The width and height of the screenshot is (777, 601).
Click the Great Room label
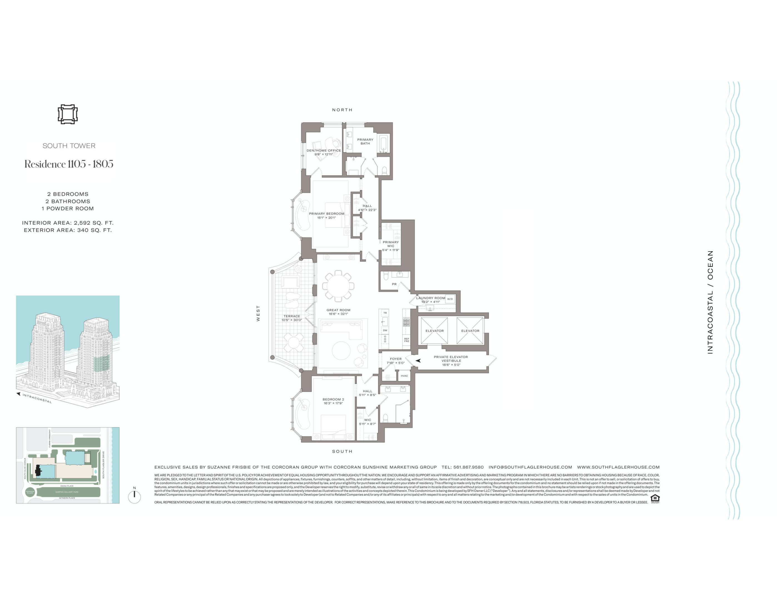(338, 310)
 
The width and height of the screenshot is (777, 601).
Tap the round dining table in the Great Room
(338, 286)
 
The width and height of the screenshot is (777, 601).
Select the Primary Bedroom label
(326, 214)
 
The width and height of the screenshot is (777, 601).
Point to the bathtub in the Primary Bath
(384, 144)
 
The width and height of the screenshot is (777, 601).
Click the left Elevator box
(435, 331)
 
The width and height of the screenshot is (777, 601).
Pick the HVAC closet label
(404, 376)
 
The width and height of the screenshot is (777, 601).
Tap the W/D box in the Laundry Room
(450, 299)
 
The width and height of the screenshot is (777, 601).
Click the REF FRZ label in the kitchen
(407, 340)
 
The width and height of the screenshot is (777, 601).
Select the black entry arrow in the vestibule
(418, 361)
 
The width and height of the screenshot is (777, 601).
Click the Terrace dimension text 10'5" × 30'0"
(292, 320)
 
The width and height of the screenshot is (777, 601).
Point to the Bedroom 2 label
(333, 400)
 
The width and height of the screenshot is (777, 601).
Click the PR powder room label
(394, 284)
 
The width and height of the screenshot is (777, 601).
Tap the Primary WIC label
(390, 244)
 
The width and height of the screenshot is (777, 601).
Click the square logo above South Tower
(68, 114)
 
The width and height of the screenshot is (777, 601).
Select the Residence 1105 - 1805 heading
(69, 164)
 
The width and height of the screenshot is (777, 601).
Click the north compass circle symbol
(135, 497)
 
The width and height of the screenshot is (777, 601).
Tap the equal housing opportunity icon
(655, 498)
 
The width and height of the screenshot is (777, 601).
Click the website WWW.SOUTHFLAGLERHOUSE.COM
(618, 467)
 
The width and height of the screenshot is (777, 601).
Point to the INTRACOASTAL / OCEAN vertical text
(710, 302)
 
